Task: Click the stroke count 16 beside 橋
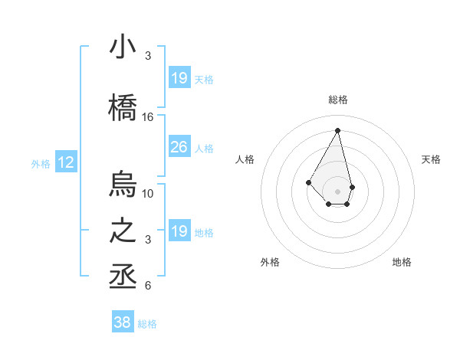pos(148,117)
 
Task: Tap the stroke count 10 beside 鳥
pos(148,193)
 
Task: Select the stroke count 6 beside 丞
pos(148,286)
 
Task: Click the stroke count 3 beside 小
pos(148,56)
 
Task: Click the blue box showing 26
pos(179,147)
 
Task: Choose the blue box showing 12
pos(66,162)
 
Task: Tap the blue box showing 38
pos(122,322)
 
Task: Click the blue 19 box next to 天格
pos(179,78)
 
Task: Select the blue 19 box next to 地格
pos(179,231)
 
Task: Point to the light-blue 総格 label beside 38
pos(147,324)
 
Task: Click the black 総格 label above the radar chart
pos(337,100)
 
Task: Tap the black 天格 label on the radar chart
pos(431,159)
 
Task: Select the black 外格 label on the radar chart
pos(270,262)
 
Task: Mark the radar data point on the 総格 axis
pos(337,129)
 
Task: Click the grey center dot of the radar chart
pos(337,191)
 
